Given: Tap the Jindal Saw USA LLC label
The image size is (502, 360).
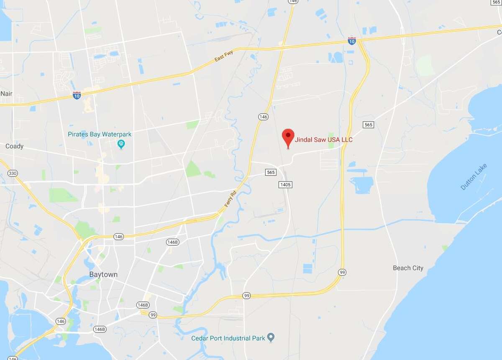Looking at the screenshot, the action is tap(324, 140).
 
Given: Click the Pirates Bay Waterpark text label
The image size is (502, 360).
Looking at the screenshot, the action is tap(100, 134).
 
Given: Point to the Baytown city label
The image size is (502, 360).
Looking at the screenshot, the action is tap(103, 275).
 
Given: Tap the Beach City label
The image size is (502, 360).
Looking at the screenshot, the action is tap(408, 268).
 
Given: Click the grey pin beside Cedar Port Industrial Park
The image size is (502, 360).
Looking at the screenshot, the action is tap(271, 337).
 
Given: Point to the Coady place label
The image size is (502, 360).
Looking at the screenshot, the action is tap(14, 146).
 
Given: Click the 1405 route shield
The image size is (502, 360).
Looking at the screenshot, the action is tap(285, 184).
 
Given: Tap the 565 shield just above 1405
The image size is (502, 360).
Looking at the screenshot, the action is tap(271, 172).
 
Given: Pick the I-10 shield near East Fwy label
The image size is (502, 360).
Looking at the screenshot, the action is tap(352, 41).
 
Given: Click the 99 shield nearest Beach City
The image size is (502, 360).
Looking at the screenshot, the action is tap(342, 272).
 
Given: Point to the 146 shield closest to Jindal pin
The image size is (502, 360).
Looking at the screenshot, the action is tap(263, 117).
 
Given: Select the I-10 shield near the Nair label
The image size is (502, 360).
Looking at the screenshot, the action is tap(77, 96).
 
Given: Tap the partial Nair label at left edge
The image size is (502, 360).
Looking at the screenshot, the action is tap(6, 94).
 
